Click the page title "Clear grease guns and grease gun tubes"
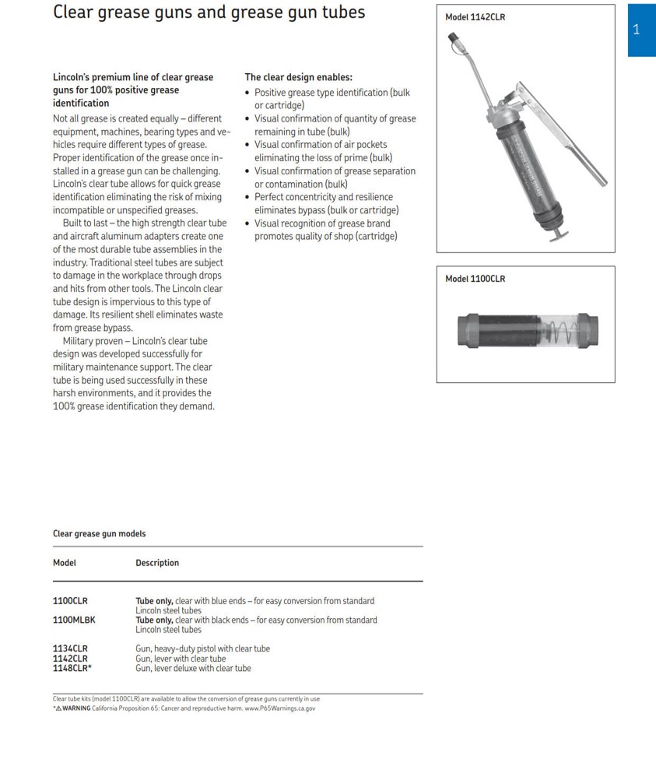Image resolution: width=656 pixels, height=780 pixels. (209, 13)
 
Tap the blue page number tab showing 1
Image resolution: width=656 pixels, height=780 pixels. (637, 30)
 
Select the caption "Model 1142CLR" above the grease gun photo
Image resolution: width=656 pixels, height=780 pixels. (475, 17)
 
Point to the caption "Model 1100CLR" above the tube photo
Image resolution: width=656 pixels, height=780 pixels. (475, 279)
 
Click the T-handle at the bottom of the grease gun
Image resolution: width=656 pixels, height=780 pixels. (559, 234)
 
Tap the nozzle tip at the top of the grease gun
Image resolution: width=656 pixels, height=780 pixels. (452, 36)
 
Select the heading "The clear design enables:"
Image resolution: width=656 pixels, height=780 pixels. (298, 77)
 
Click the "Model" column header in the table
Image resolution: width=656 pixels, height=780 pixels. (65, 563)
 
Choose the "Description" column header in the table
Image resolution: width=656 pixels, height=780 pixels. (157, 563)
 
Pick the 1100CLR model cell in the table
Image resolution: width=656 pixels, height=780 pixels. (70, 601)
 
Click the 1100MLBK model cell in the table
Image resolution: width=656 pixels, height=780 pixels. (74, 620)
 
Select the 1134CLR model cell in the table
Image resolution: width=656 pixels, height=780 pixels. (70, 648)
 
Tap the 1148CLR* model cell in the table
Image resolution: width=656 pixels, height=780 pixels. (72, 668)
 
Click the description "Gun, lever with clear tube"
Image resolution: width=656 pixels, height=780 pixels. (181, 659)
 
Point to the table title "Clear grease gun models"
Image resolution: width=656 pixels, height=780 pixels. (99, 534)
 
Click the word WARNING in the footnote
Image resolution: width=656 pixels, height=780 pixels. (76, 708)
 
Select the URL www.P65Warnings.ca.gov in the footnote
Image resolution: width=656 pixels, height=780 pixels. (280, 708)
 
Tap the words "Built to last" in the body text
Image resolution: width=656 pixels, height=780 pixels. (86, 223)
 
